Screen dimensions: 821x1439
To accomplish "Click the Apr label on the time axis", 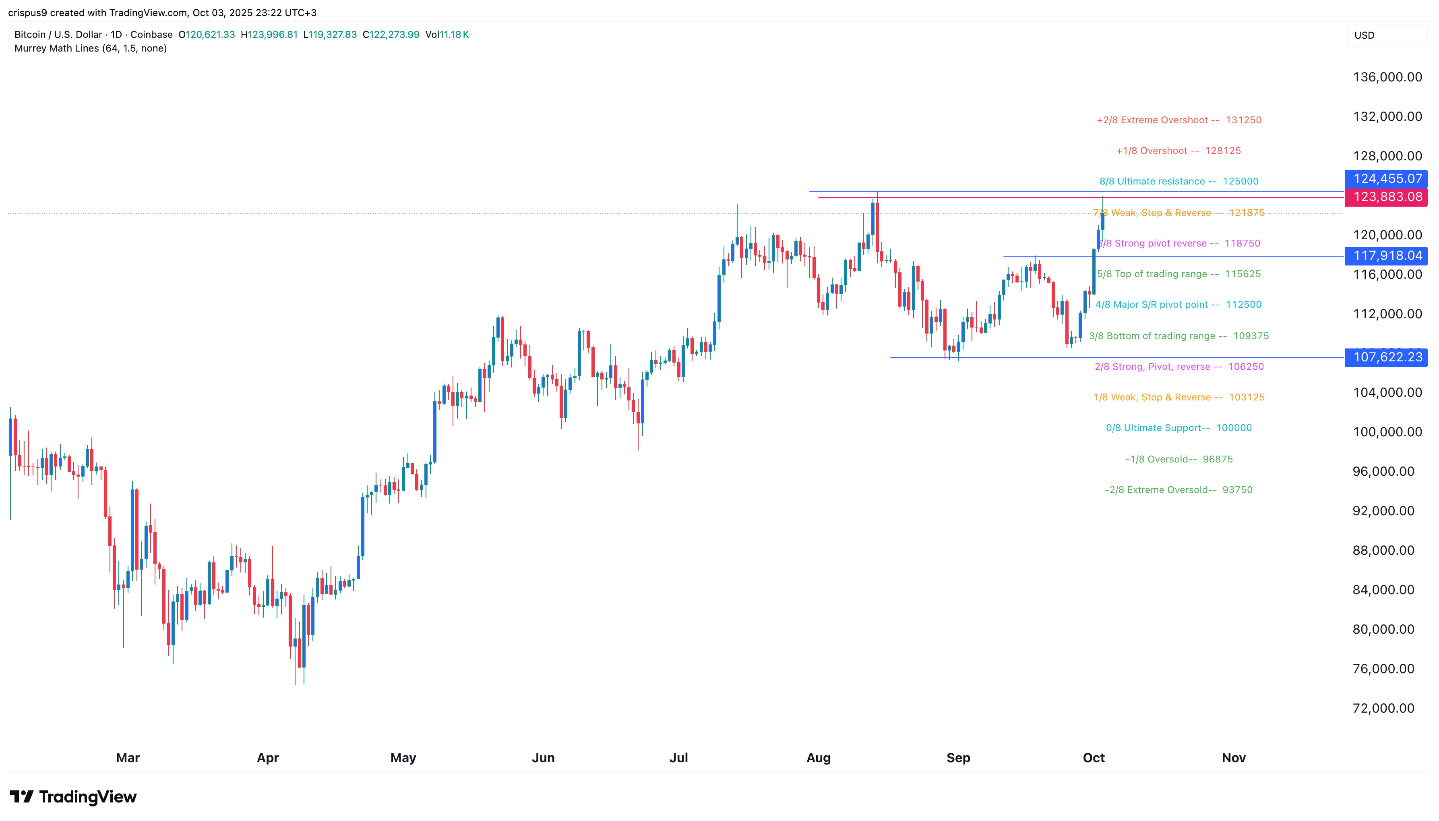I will pos(268,758).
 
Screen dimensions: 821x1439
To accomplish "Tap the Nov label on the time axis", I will pos(1233,758).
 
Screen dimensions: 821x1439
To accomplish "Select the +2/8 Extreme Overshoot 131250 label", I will pos(1178,120).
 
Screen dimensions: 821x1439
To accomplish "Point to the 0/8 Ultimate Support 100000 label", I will pos(1178,428).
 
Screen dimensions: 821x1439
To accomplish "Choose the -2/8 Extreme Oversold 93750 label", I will pos(1178,490).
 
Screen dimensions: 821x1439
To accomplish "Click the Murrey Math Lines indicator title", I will pos(91,48).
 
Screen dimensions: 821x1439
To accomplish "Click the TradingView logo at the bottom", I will pos(73,797).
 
